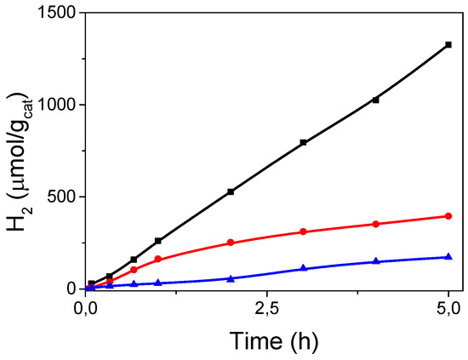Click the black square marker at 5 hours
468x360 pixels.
(x=448, y=44)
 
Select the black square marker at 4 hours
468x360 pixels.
(x=376, y=100)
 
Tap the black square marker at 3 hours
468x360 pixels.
(x=303, y=143)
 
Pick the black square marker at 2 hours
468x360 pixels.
(x=231, y=191)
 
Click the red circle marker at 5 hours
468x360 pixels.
(x=448, y=216)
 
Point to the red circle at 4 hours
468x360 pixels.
(x=376, y=224)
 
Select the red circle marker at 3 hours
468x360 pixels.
(x=303, y=231)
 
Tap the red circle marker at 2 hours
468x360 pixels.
(x=231, y=243)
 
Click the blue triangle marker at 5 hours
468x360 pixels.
(x=448, y=256)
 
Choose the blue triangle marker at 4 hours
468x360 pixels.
(x=376, y=261)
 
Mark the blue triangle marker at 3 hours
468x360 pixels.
(x=303, y=268)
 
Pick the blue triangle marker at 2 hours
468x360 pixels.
(x=231, y=278)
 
